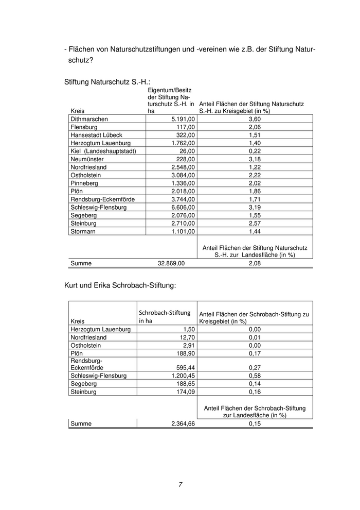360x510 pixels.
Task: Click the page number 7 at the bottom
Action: click(181, 484)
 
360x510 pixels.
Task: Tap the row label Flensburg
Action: click(84, 127)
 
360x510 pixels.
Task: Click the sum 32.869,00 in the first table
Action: click(171, 263)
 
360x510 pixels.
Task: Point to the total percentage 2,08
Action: click(255, 263)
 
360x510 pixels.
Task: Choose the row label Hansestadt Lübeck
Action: click(96, 135)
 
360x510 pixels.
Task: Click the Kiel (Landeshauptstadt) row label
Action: click(103, 151)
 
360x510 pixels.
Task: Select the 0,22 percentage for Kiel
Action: click(255, 151)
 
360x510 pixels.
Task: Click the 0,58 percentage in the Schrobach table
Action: click(255, 376)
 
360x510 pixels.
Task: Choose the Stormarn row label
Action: click(83, 231)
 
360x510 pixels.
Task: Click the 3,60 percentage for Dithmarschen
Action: click(255, 119)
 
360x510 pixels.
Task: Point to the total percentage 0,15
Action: click(255, 423)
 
